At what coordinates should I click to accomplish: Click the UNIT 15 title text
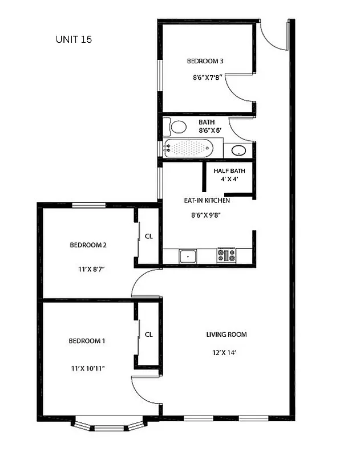click(74, 39)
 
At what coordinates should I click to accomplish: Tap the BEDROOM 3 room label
click(205, 61)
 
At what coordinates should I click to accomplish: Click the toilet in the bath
click(179, 127)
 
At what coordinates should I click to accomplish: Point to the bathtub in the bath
click(188, 149)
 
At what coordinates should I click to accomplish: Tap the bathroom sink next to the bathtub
click(238, 151)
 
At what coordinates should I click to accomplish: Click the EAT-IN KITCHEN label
click(207, 201)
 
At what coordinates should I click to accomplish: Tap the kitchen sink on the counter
click(187, 256)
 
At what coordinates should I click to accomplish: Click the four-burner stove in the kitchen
click(226, 256)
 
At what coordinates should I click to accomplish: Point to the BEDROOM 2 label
click(88, 245)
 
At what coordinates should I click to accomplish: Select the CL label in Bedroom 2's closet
click(148, 236)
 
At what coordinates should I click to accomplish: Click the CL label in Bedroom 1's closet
click(148, 335)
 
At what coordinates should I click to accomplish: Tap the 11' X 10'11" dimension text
click(87, 368)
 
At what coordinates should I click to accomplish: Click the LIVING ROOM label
click(226, 335)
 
